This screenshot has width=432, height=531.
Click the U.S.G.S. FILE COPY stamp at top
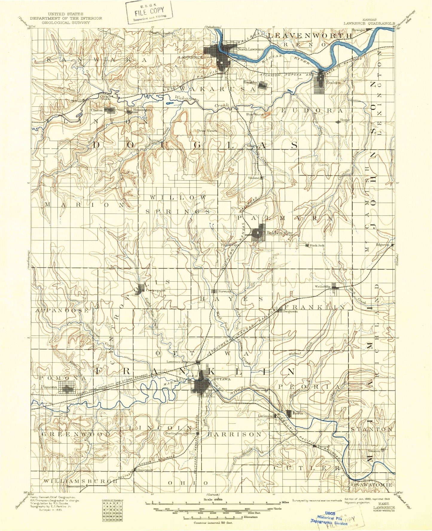[149, 12]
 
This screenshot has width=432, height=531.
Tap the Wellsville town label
[322, 286]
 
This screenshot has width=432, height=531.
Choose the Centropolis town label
[155, 290]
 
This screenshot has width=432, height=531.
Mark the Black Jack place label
[317, 245]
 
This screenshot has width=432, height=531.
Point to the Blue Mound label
[255, 114]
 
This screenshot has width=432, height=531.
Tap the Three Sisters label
[207, 131]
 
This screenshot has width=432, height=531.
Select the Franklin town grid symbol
[262, 86]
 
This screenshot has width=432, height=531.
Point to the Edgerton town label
[383, 244]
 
